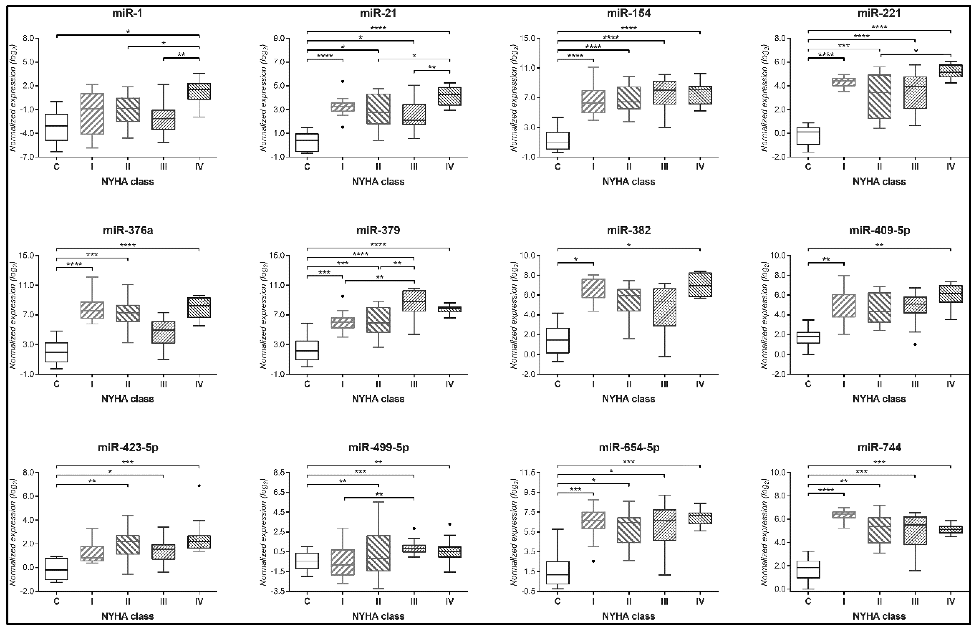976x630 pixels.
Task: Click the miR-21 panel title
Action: (378, 13)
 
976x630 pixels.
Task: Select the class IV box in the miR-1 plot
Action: (199, 91)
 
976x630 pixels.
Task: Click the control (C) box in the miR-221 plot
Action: (808, 136)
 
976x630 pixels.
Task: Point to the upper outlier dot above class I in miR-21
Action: (343, 81)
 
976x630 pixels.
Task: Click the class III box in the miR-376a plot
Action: (163, 332)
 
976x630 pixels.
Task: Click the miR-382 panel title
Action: (628, 230)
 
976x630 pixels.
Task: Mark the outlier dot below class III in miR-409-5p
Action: (915, 345)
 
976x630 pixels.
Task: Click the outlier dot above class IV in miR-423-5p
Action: (199, 486)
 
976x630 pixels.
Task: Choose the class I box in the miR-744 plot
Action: (844, 515)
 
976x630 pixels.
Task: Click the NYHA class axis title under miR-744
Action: (879, 616)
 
